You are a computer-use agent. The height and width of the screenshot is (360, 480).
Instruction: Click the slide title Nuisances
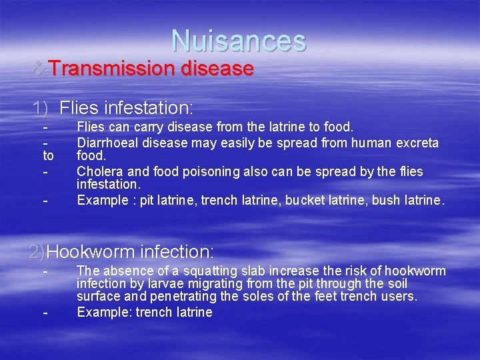(239, 41)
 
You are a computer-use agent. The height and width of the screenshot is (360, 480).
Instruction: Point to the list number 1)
(41, 107)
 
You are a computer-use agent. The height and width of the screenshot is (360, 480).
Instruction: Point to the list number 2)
(37, 252)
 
